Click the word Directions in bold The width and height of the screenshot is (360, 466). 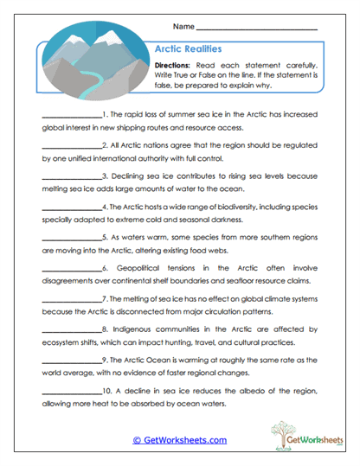point(171,67)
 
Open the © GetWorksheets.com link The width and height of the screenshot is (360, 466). point(180,439)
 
